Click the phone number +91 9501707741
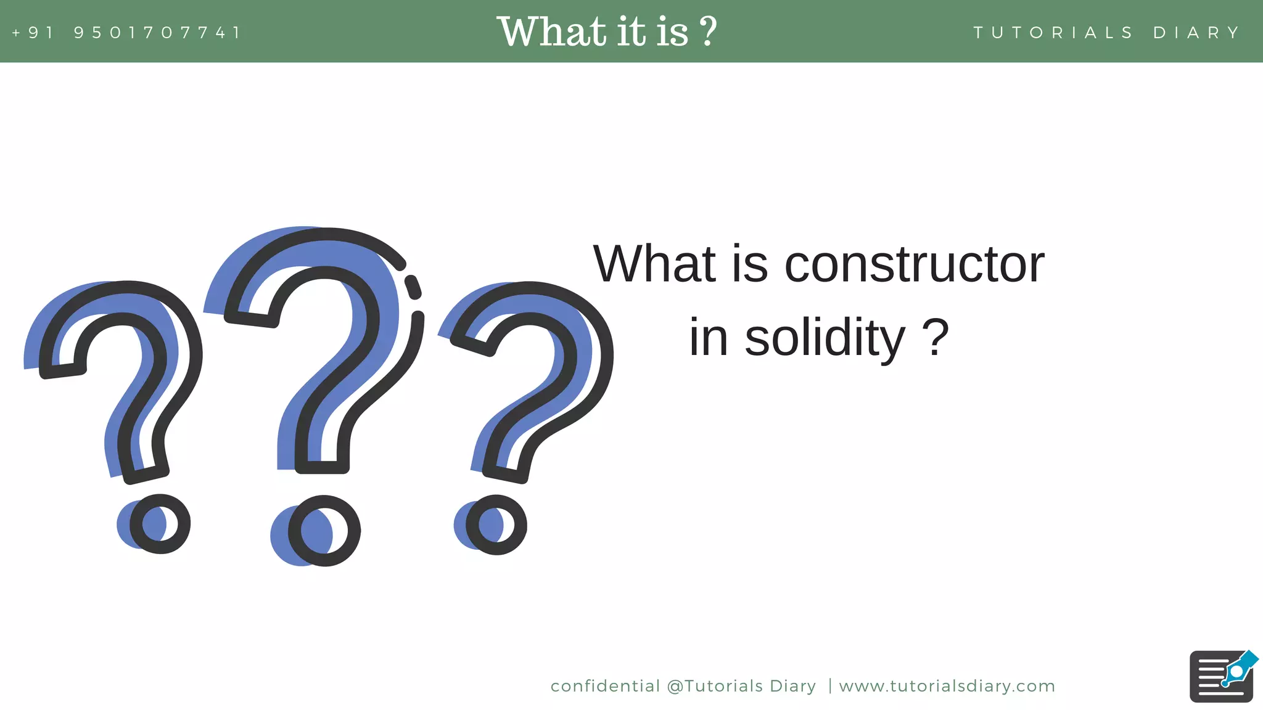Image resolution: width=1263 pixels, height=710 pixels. [x=126, y=32]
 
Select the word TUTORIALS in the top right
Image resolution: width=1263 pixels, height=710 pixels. [x=1053, y=32]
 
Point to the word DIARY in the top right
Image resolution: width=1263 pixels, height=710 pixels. [x=1196, y=32]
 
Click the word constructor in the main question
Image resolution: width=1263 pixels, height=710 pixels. [x=914, y=264]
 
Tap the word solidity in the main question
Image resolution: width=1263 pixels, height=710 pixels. [x=825, y=338]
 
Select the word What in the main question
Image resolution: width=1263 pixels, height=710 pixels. [x=654, y=264]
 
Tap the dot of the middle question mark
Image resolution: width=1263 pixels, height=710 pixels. [x=324, y=531]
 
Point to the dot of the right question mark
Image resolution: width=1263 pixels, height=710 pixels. [x=496, y=525]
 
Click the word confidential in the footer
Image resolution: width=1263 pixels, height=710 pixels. [x=605, y=686]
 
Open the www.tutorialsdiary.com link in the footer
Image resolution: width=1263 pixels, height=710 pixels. [x=947, y=686]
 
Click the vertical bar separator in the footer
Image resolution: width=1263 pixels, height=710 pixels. [x=830, y=686]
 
